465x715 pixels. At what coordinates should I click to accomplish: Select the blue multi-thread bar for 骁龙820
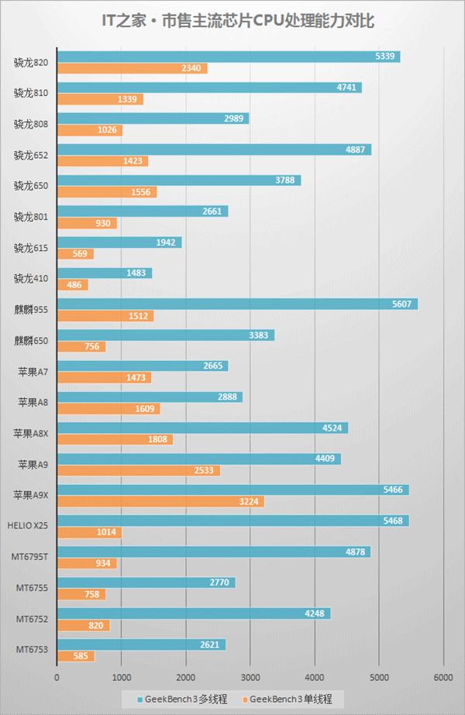tap(229, 57)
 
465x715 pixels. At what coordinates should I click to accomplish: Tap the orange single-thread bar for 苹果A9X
tap(160, 502)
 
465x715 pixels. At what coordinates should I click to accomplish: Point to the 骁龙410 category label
tap(31, 279)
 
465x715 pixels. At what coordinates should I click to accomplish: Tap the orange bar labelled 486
tap(73, 285)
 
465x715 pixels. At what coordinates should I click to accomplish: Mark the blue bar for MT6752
tap(194, 614)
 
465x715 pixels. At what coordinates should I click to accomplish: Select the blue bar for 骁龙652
tap(214, 150)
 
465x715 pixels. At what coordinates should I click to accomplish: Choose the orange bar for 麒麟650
tap(81, 347)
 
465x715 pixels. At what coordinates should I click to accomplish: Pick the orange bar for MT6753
tap(76, 657)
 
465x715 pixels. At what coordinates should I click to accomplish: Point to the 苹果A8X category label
tap(30, 434)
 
